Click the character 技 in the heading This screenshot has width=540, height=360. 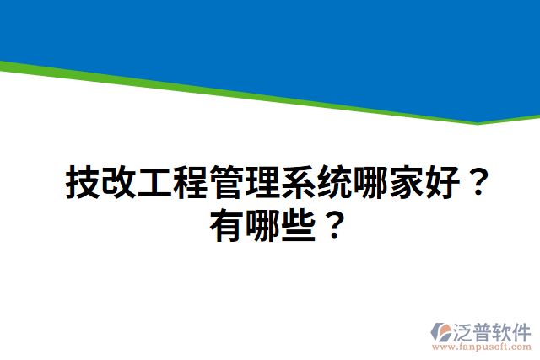pyautogui.click(x=84, y=184)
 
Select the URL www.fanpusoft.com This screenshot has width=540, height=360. pyautogui.click(x=481, y=347)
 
